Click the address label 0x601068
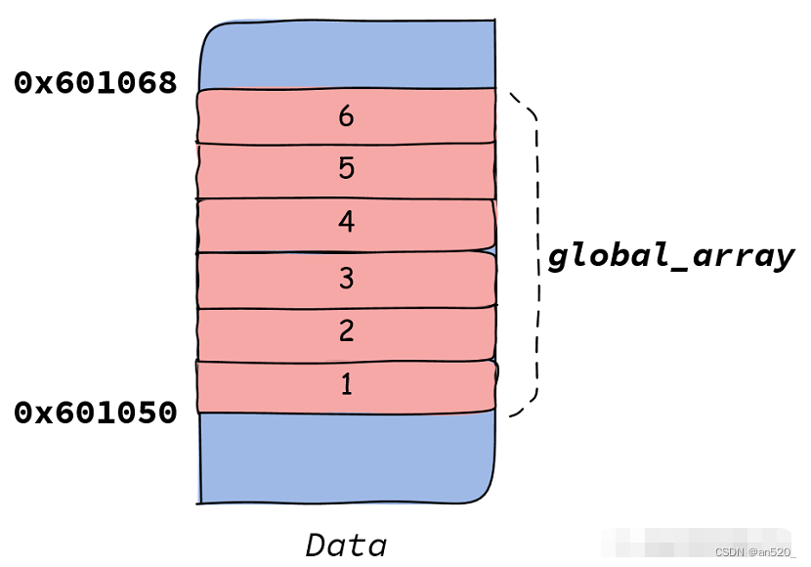tap(96, 83)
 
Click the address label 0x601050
tap(96, 413)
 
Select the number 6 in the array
tap(346, 116)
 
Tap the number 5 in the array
tap(346, 169)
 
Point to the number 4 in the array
tap(346, 223)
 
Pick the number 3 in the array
tap(346, 279)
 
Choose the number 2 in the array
tap(346, 331)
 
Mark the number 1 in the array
tap(346, 385)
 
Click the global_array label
tap(670, 256)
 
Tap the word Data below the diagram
tap(346, 544)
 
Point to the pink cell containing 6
tap(254, 117)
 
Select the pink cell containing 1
tap(254, 386)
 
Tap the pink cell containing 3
tap(254, 280)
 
